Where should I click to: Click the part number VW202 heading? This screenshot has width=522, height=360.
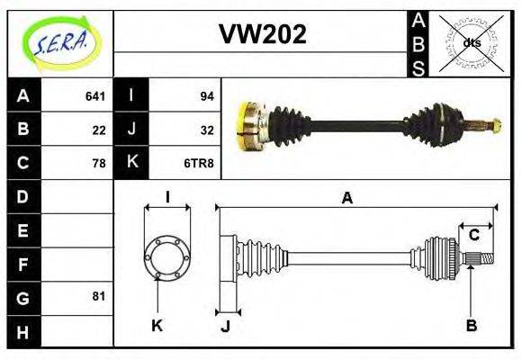(263, 34)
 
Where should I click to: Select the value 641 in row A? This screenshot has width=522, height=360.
(95, 95)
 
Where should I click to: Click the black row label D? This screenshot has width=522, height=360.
(23, 196)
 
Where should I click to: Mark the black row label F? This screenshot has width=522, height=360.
(23, 265)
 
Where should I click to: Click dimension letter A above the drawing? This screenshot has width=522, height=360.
(346, 198)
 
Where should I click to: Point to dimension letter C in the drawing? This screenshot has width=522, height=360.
(473, 236)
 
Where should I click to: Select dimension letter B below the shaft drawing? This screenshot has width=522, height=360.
(471, 325)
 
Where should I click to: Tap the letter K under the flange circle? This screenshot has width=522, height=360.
(157, 325)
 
